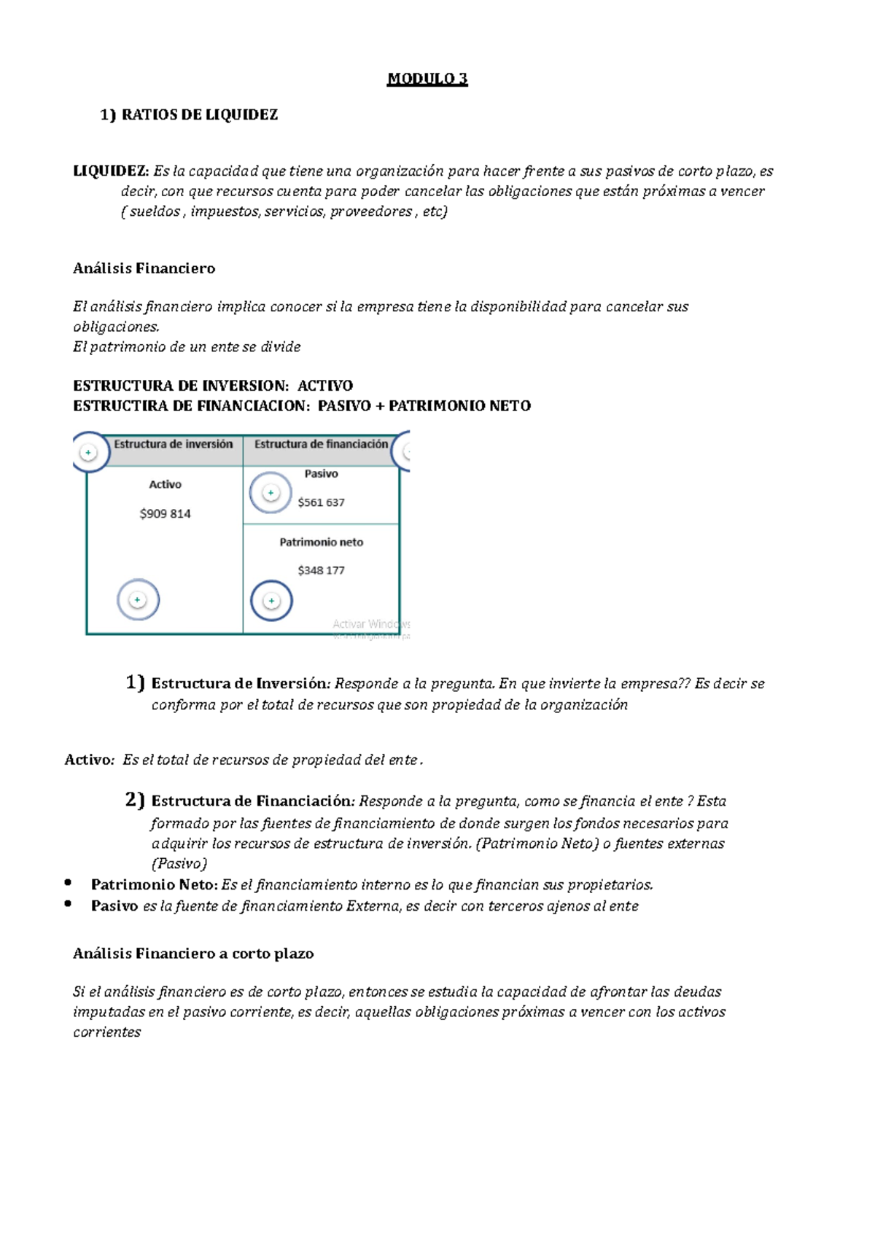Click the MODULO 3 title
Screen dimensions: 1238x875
coord(427,79)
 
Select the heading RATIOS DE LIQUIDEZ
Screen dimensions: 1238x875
coord(199,114)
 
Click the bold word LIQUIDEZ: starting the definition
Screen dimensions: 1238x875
coord(111,171)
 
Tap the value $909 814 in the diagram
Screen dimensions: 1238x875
coord(166,514)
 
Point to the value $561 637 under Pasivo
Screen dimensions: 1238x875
coord(321,502)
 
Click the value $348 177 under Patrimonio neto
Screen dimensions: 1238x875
coord(321,570)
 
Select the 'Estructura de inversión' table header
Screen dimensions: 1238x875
coord(173,444)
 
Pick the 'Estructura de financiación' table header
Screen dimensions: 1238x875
coord(321,444)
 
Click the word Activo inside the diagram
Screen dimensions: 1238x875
coord(166,484)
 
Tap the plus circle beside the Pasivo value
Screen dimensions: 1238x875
coord(271,493)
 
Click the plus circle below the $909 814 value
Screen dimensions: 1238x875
coord(138,600)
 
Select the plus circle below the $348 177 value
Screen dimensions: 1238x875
coord(271,601)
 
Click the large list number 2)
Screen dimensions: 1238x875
coord(135,800)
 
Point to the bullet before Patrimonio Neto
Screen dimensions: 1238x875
coord(68,882)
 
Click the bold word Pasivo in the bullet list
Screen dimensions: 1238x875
coord(114,906)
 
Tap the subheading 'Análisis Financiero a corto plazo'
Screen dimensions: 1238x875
coord(193,954)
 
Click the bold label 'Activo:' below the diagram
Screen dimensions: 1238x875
coord(90,760)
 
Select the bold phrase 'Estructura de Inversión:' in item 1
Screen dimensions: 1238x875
coord(241,684)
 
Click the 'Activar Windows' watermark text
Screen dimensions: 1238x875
coord(370,624)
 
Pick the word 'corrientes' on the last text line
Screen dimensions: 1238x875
coord(107,1032)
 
